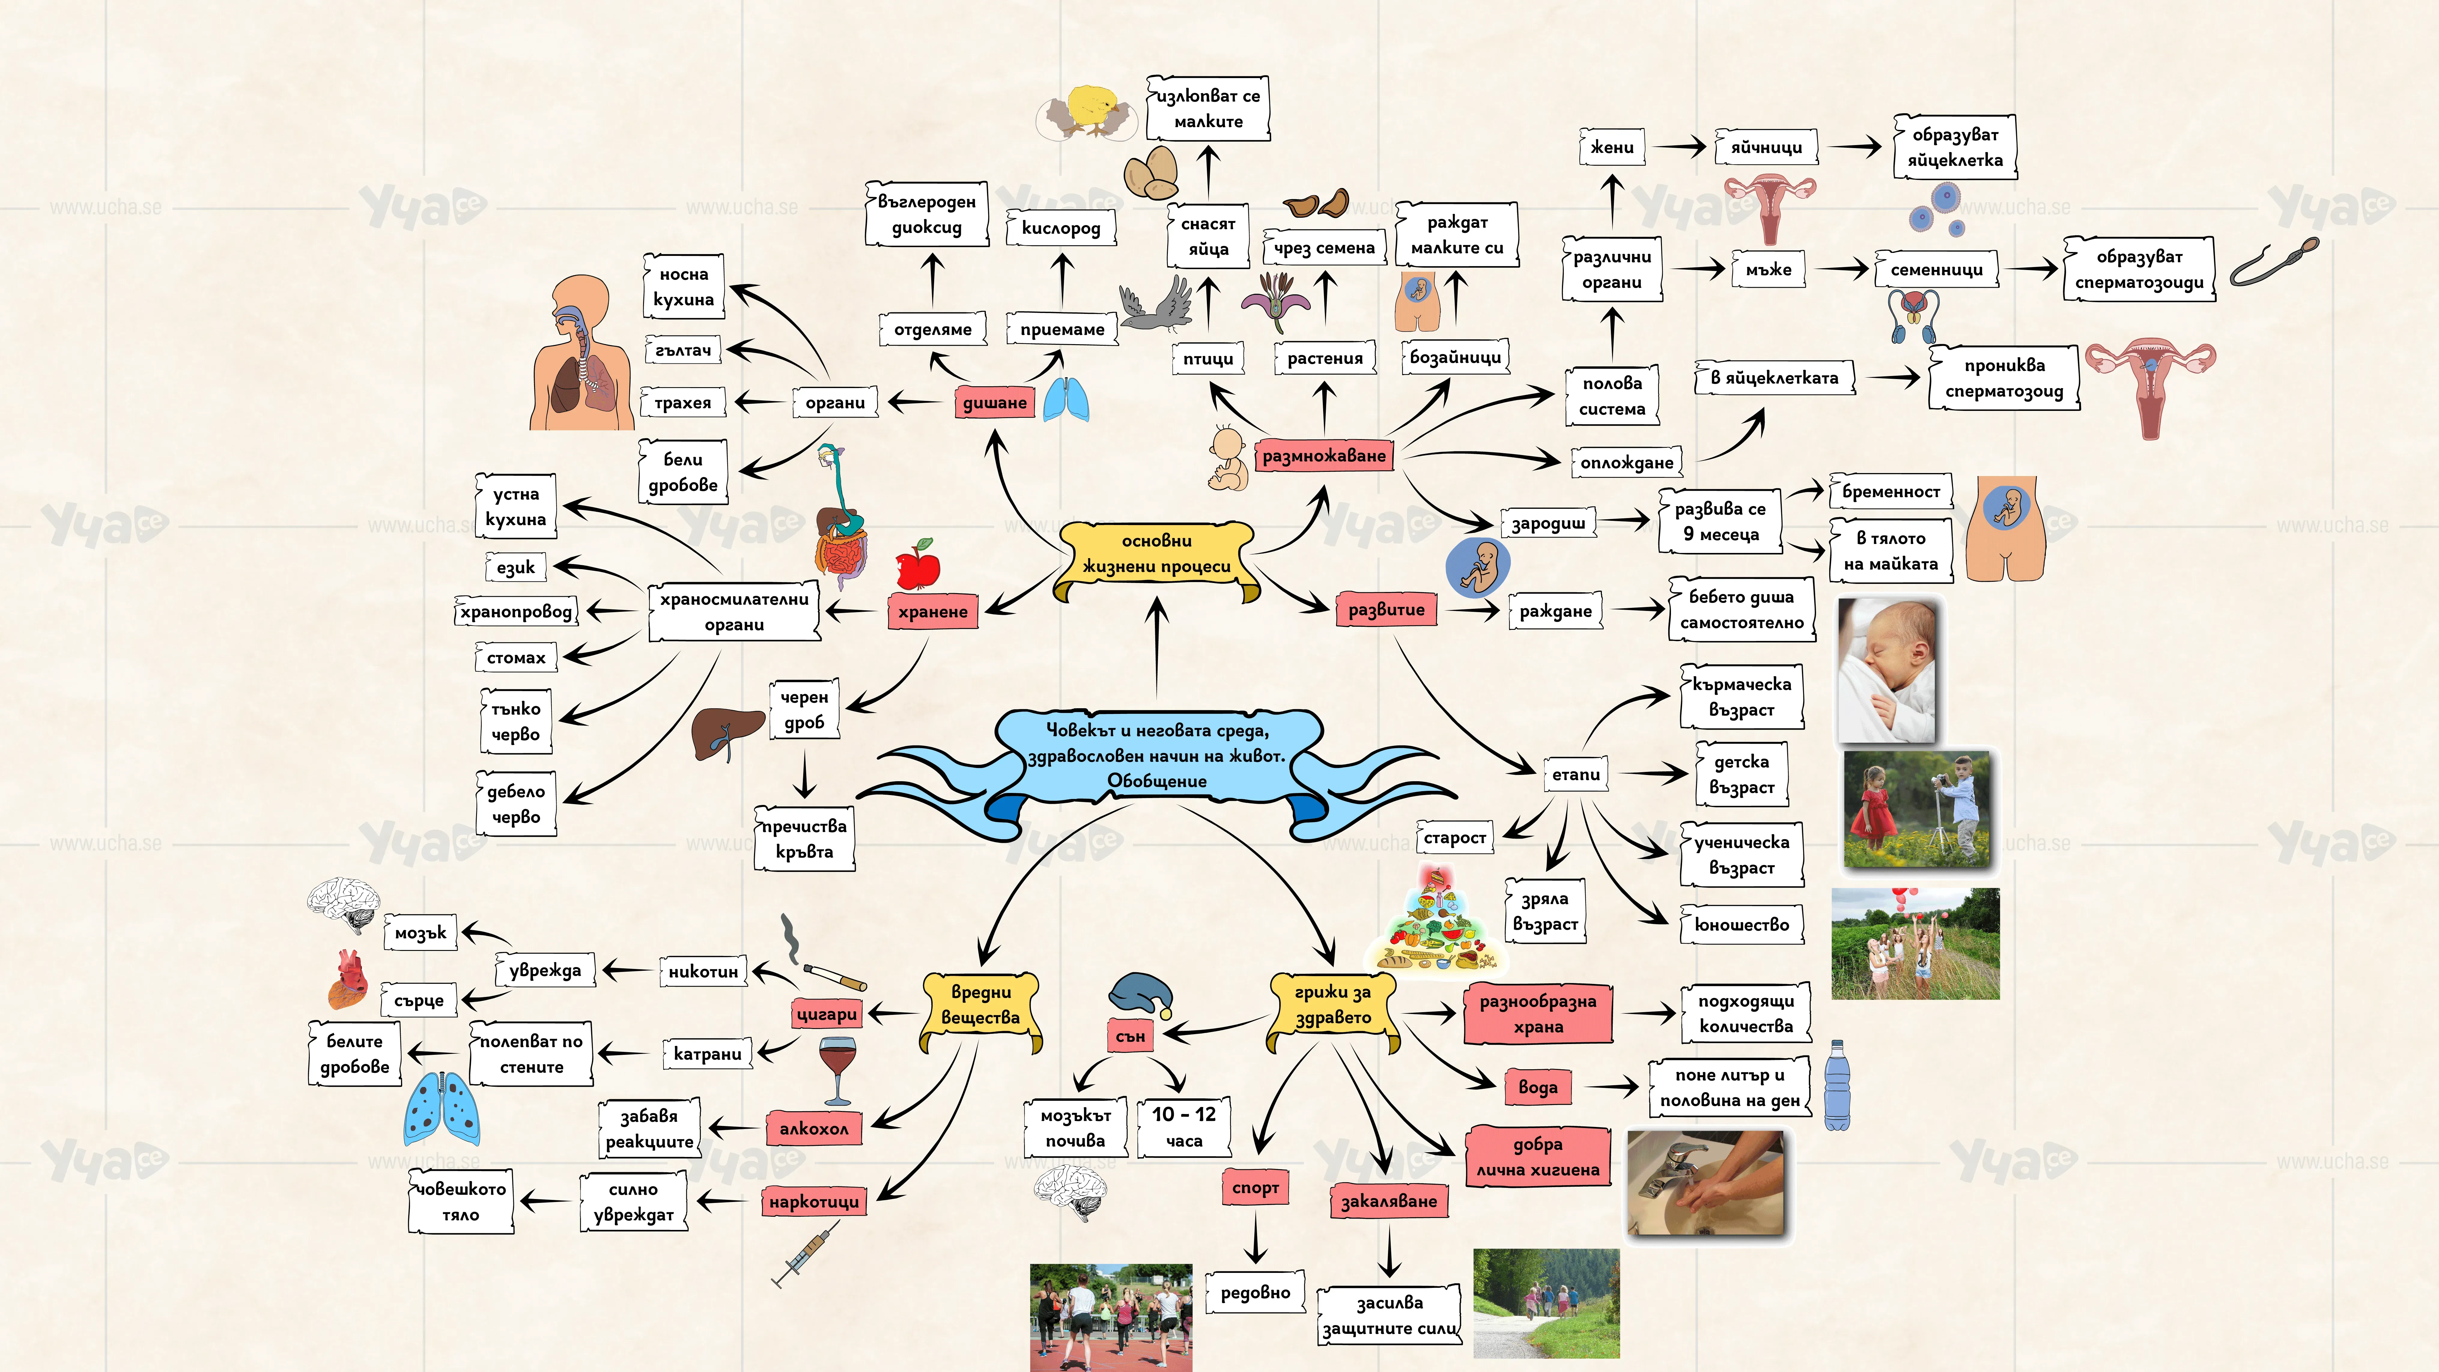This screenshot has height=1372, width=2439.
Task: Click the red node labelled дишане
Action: coord(994,402)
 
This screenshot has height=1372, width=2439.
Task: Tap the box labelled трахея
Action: coord(683,402)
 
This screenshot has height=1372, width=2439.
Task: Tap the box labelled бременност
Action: coord(1891,491)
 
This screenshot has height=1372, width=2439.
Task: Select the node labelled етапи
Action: coord(1575,775)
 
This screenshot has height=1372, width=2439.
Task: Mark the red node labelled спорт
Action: coord(1256,1187)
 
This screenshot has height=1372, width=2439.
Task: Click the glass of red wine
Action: coord(837,1070)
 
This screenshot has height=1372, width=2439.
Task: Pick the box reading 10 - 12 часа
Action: coord(1183,1127)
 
